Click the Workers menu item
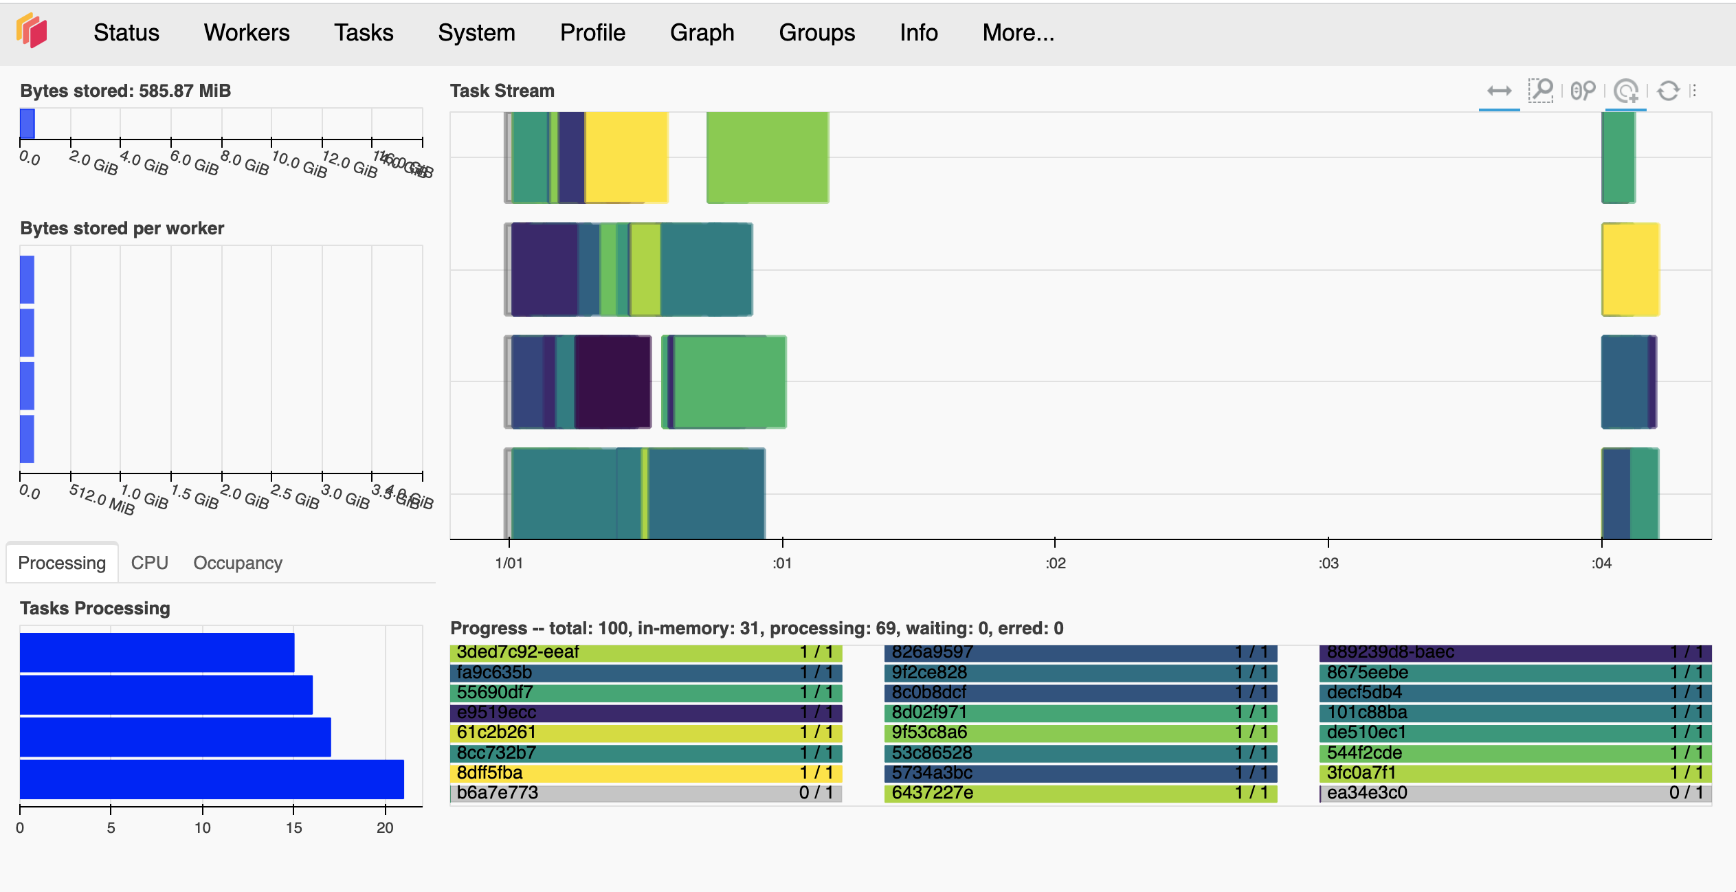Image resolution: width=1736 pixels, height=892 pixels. click(x=246, y=33)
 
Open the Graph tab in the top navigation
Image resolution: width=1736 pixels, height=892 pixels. click(x=702, y=33)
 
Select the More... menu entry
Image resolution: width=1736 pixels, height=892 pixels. click(x=1018, y=33)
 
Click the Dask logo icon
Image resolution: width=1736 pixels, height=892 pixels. click(x=32, y=31)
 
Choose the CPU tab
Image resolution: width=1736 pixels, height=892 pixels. click(x=149, y=563)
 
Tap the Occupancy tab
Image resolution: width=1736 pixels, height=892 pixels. click(x=237, y=563)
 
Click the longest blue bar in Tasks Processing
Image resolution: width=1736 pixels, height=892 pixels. click(x=212, y=779)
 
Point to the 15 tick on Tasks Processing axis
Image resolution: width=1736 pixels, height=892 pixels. click(x=293, y=827)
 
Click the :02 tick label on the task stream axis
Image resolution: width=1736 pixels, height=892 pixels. click(x=1055, y=564)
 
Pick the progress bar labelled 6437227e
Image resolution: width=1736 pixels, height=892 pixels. click(x=1080, y=793)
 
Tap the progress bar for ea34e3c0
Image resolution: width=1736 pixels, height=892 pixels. click(x=1515, y=793)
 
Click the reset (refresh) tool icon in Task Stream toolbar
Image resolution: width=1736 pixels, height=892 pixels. click(x=1668, y=91)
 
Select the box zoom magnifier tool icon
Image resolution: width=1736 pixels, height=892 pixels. click(x=1541, y=91)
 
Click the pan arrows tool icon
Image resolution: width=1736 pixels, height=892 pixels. click(x=1499, y=91)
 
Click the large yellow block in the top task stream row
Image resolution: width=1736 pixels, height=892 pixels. click(x=625, y=157)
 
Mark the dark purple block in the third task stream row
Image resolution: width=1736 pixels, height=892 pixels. click(x=612, y=381)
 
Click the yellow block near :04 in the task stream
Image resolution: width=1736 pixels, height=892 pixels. click(x=1630, y=269)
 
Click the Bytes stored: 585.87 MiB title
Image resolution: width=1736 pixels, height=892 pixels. click(x=125, y=91)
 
